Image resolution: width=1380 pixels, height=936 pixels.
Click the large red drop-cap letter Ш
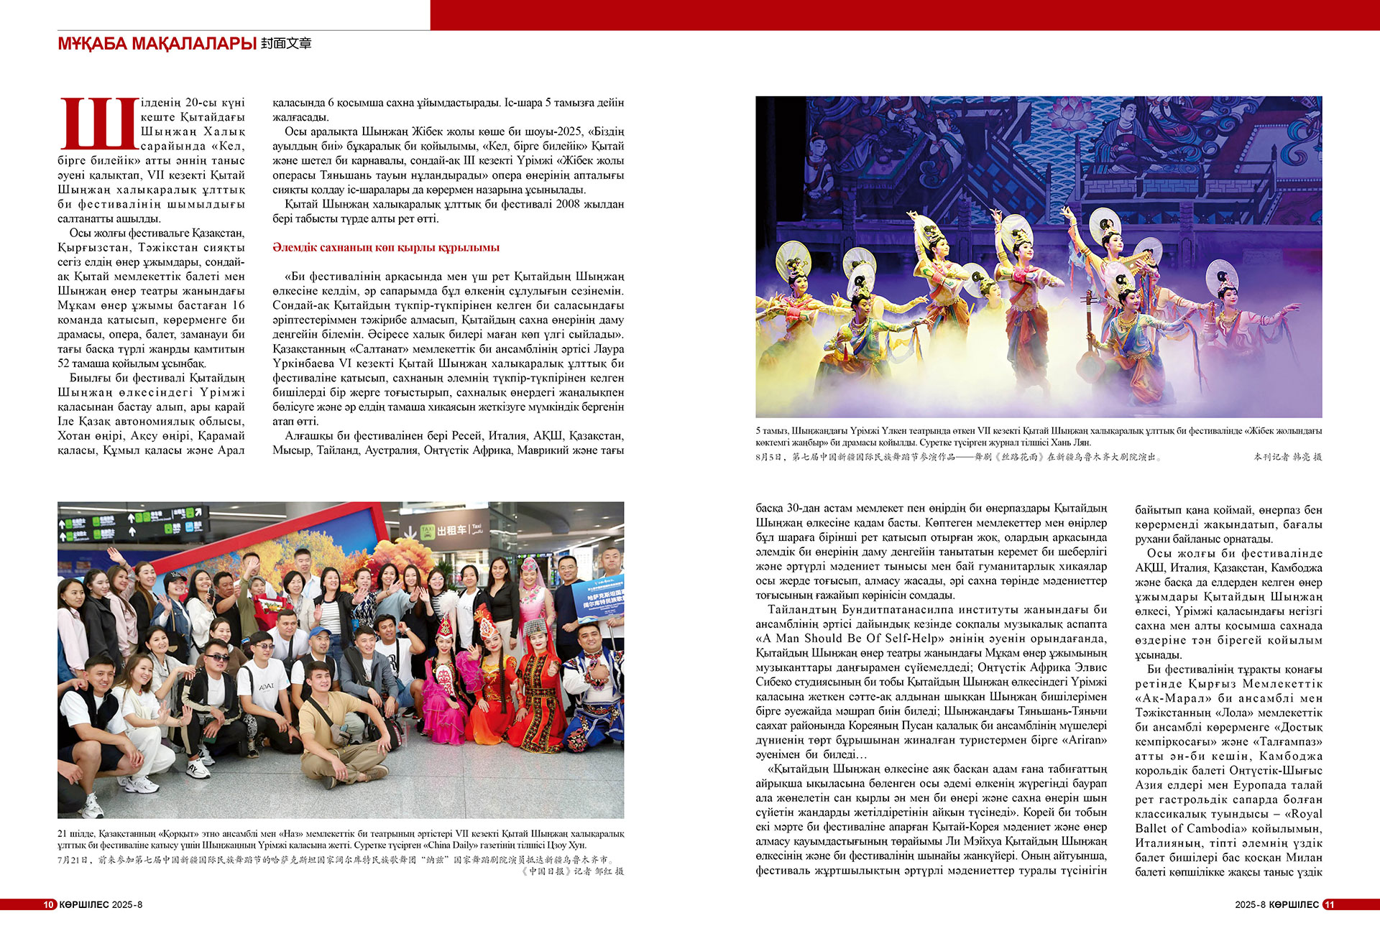[98, 124]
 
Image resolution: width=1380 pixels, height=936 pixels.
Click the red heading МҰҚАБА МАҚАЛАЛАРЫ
[157, 44]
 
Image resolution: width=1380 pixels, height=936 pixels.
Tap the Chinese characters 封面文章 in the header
[286, 44]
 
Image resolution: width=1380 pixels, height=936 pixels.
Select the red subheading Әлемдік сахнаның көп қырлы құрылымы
[386, 248]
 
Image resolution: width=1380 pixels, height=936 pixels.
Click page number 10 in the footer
[49, 904]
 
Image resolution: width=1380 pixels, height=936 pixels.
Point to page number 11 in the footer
[1330, 904]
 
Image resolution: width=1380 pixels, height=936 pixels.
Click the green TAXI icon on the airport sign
[428, 532]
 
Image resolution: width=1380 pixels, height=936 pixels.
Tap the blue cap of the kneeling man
[319, 632]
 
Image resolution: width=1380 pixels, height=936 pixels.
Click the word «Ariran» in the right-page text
[1091, 740]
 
